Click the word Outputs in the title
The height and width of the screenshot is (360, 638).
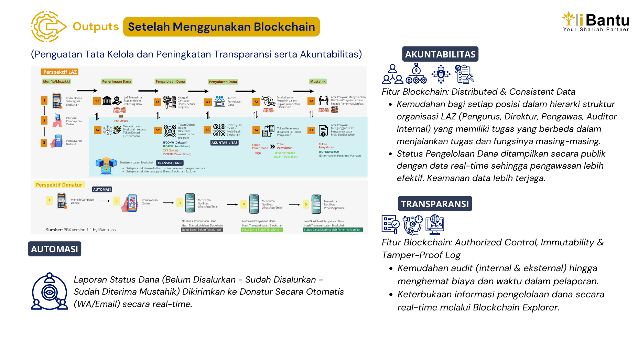[96, 27]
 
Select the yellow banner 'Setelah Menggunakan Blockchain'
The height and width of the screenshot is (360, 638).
[221, 27]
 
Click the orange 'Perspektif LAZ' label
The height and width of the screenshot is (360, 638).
[60, 72]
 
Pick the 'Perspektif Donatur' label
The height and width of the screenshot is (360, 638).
[59, 185]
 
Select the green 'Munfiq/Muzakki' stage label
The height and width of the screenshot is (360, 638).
[56, 82]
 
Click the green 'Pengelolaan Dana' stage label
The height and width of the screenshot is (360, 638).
[170, 82]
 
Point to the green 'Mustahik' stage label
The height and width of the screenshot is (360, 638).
[318, 82]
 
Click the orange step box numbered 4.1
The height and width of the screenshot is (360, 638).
[97, 101]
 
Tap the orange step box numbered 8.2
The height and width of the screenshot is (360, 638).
[311, 130]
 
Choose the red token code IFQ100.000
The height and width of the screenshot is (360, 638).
[121, 121]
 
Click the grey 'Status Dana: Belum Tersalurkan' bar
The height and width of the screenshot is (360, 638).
[202, 230]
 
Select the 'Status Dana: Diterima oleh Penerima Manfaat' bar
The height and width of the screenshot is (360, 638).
[333, 230]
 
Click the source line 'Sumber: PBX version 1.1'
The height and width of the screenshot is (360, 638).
[81, 230]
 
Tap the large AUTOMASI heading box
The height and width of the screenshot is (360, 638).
[54, 249]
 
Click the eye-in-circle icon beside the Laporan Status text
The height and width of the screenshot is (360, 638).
[50, 292]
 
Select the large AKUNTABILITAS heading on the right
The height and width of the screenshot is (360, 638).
[440, 54]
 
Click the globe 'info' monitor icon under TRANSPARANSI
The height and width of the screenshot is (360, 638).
[435, 224]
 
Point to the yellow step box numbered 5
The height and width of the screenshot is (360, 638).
[306, 204]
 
